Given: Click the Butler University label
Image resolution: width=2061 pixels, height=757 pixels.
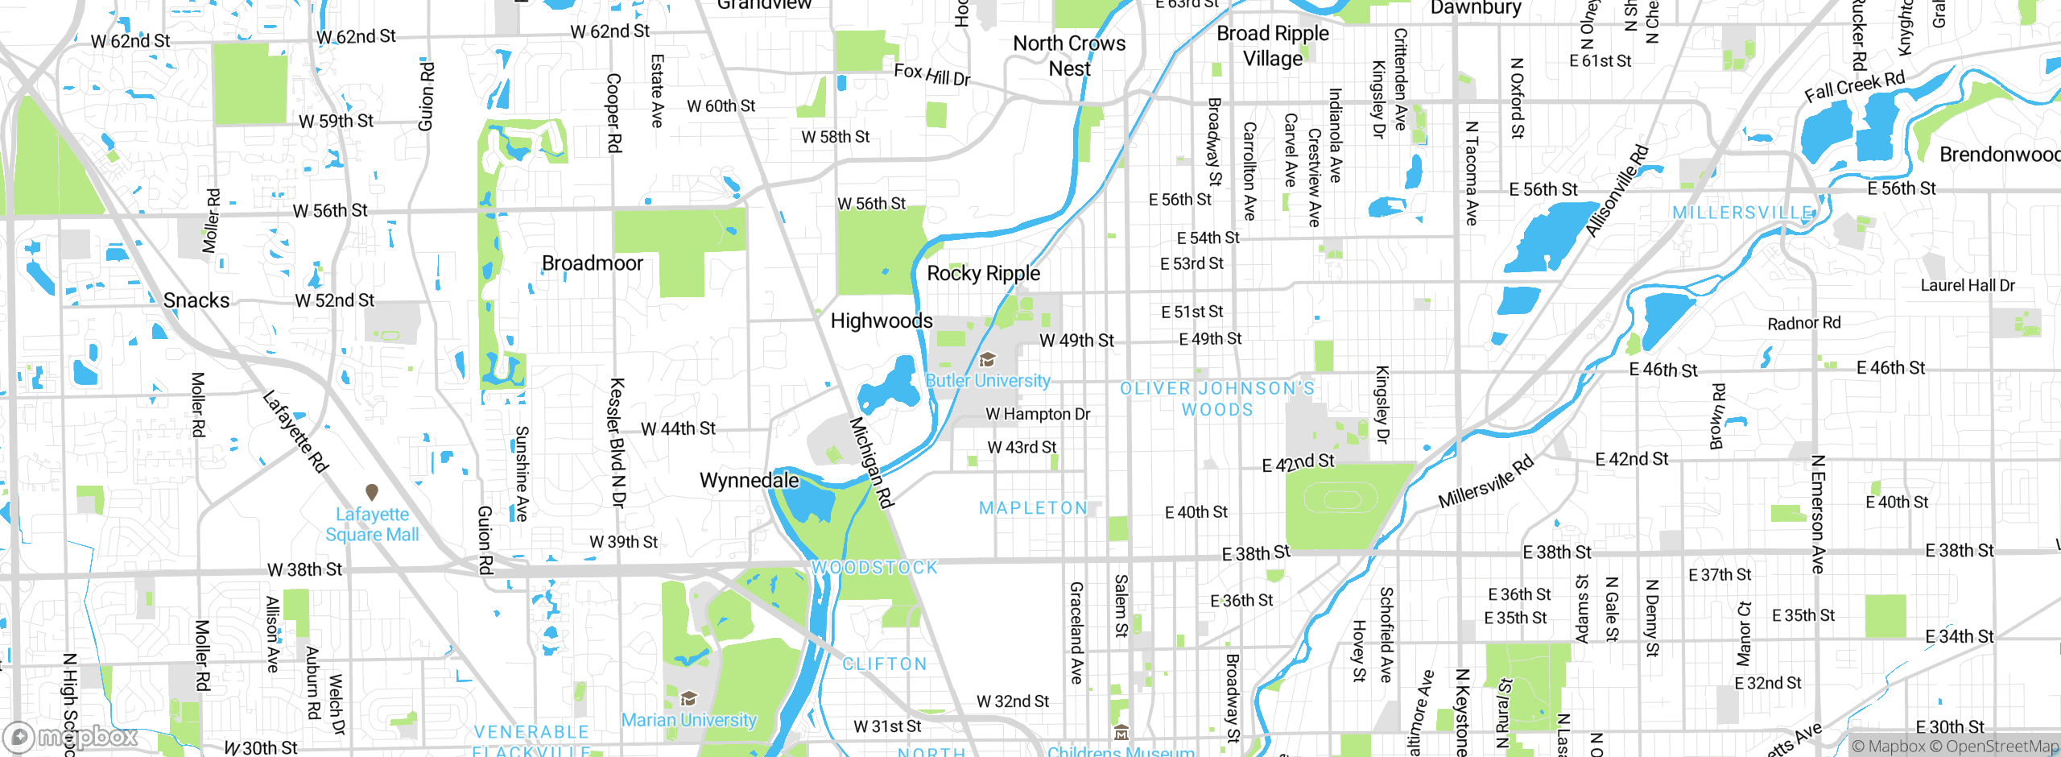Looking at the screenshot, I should [x=988, y=380].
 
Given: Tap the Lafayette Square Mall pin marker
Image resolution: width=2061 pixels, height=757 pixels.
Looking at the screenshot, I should [x=372, y=491].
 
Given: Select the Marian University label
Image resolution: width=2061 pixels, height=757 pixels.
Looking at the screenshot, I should [x=689, y=720].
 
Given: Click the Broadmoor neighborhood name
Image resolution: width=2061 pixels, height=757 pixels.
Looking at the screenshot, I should [x=593, y=263].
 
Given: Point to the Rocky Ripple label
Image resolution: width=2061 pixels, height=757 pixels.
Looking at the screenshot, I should [x=983, y=273].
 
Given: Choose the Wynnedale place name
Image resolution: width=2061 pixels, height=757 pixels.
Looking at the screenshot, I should [x=749, y=481].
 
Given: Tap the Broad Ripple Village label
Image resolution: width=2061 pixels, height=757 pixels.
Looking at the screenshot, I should [x=1272, y=46].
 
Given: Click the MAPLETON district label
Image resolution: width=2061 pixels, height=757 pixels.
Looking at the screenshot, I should [x=1033, y=508].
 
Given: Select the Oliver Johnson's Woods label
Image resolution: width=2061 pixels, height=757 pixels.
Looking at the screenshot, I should [x=1217, y=399].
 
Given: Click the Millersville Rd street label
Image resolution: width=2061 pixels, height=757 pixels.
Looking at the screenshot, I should [x=1485, y=482].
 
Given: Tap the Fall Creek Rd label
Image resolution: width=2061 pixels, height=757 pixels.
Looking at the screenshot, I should [x=1854, y=86].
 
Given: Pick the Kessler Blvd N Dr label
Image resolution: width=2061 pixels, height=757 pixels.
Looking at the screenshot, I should [x=617, y=442].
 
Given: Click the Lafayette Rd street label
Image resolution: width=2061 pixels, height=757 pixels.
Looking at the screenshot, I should [x=295, y=432].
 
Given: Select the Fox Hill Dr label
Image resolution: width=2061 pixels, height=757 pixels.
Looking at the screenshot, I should [x=931, y=75].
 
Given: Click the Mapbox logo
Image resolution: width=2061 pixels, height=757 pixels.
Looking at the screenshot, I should [x=71, y=736].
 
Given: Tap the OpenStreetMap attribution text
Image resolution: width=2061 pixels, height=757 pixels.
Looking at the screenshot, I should [x=2001, y=747].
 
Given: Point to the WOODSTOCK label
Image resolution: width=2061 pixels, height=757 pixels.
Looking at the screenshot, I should [x=874, y=568].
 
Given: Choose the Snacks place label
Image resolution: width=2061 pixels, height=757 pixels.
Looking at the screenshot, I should [x=196, y=300].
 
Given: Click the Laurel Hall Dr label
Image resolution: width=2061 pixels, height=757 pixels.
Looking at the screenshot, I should [x=1968, y=285].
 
